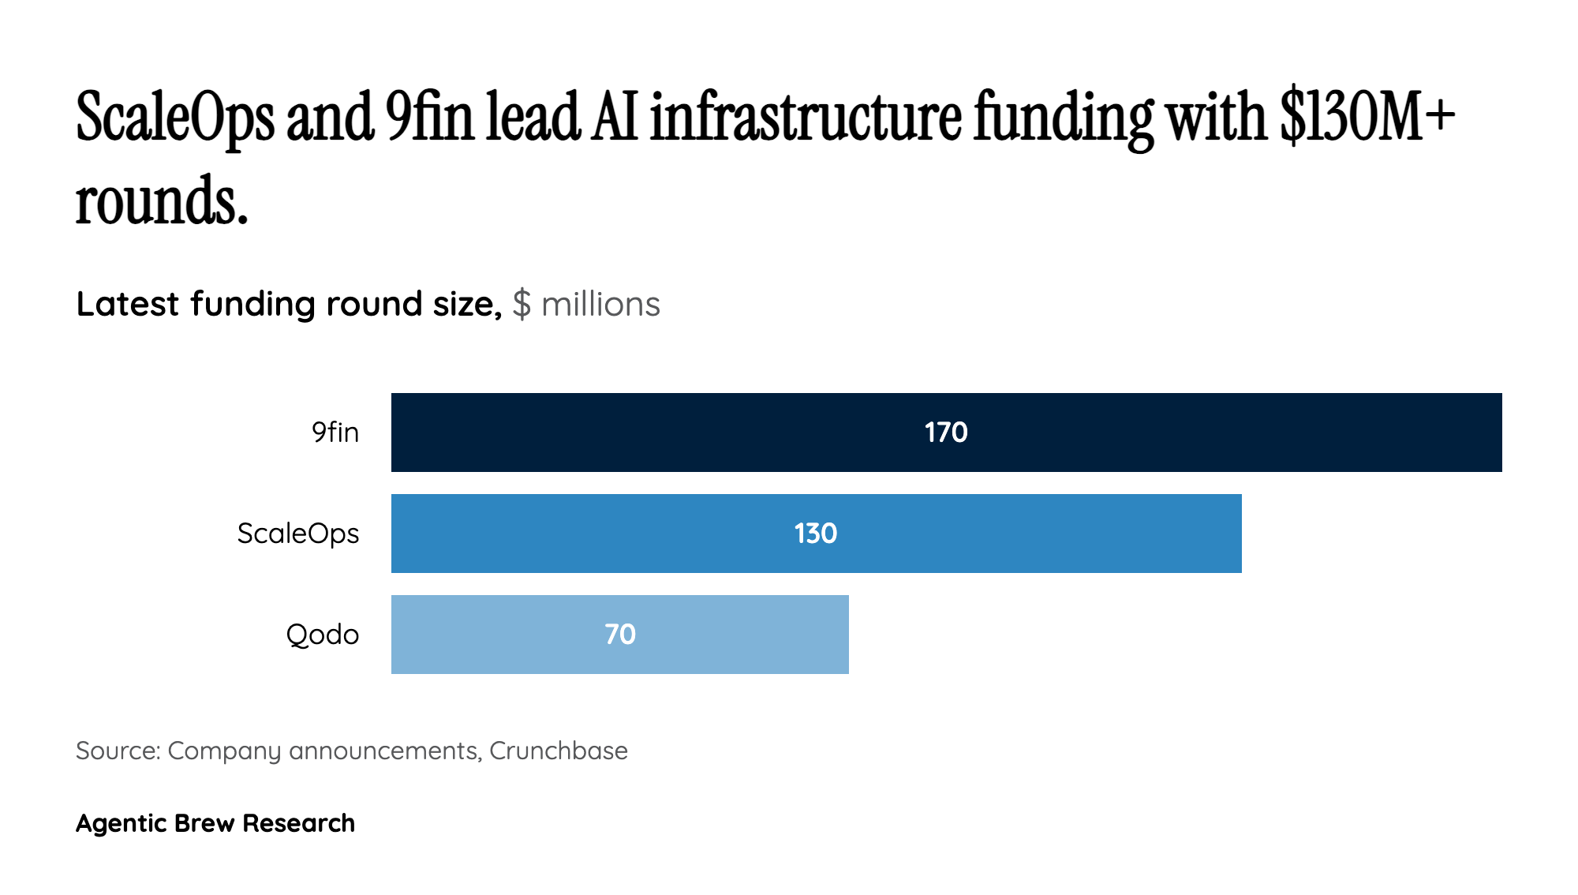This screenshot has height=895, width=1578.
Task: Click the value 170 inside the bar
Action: (x=946, y=433)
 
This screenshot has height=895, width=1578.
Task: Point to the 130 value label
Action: (x=816, y=534)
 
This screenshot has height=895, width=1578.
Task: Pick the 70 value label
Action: (x=620, y=635)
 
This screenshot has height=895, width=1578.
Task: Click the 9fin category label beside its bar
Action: (x=335, y=433)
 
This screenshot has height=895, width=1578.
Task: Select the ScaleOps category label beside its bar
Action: (x=298, y=534)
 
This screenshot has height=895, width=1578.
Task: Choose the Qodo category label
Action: (x=322, y=635)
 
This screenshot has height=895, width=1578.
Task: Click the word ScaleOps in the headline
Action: (x=175, y=118)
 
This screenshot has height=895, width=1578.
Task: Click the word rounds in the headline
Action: (x=161, y=200)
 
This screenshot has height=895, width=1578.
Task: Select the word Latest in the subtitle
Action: (x=128, y=304)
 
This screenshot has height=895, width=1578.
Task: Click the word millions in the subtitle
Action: (x=600, y=304)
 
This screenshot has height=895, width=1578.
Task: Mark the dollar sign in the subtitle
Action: (x=522, y=304)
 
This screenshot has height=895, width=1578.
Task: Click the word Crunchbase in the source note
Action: (x=559, y=751)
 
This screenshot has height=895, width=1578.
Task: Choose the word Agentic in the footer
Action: (x=122, y=823)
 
